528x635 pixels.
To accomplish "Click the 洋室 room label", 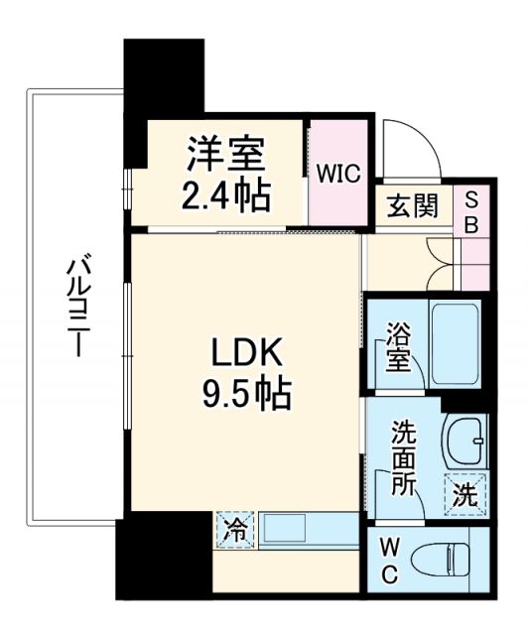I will [x=227, y=156].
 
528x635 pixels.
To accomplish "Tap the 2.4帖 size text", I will [x=226, y=195].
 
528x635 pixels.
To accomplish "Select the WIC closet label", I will [x=338, y=172].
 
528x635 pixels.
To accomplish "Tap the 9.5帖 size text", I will [x=244, y=395].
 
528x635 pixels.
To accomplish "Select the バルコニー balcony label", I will [x=75, y=309].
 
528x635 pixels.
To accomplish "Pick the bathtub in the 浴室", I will [x=456, y=341].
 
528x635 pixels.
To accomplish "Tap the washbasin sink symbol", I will [x=464, y=438].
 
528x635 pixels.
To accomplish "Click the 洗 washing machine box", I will [x=465, y=496].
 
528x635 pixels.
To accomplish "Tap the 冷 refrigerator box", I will [x=233, y=528].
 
